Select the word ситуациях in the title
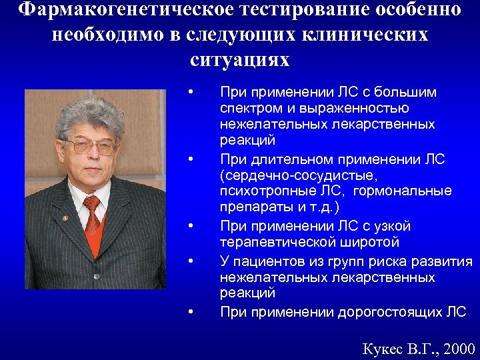[240, 59]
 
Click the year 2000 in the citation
[459, 348]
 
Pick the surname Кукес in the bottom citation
[383, 348]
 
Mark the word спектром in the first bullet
[249, 108]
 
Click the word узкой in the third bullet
[393, 226]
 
